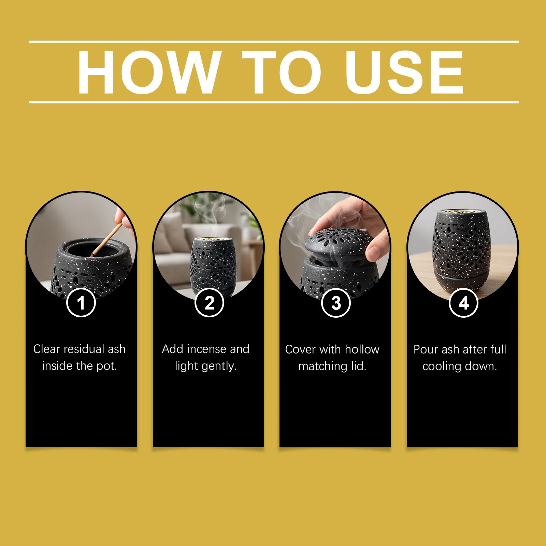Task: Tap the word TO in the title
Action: click(282, 72)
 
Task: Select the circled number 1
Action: click(81, 303)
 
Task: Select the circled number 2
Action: click(209, 303)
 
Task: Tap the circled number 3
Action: click(336, 303)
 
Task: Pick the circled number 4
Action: click(463, 303)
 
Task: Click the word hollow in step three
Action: click(362, 349)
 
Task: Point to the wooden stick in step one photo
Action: click(106, 240)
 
